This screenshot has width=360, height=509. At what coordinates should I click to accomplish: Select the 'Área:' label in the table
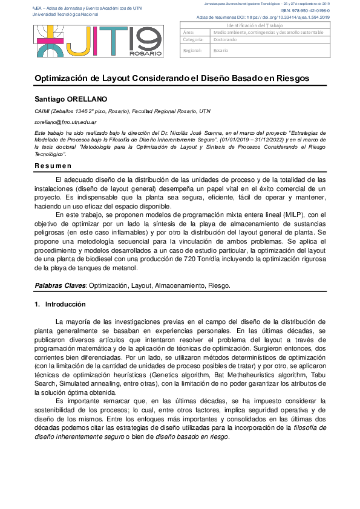tap(188, 32)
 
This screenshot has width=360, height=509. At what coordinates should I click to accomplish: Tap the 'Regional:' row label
tap(192, 51)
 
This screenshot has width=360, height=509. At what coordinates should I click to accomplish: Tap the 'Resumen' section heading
tap(53, 166)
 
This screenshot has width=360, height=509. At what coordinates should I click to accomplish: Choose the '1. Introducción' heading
tap(60, 304)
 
